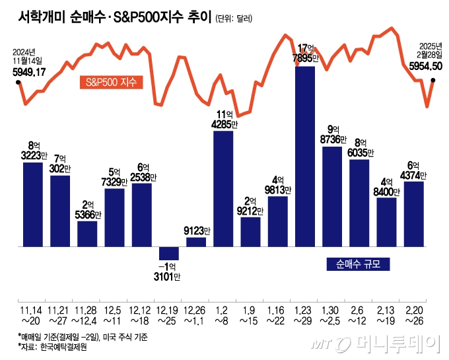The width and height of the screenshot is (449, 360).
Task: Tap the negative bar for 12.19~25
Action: [x=169, y=253]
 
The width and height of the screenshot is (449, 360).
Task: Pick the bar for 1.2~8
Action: [x=223, y=189]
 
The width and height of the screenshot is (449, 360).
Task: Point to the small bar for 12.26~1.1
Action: [x=196, y=242]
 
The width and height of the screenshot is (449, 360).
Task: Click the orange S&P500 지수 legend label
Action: [x=110, y=83]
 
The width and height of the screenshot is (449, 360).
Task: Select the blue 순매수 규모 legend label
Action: [x=358, y=264]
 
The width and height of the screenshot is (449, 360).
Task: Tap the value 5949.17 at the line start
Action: [x=29, y=72]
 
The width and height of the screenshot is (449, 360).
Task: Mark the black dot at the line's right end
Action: [x=433, y=81]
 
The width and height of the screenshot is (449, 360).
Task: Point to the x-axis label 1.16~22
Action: [x=277, y=314]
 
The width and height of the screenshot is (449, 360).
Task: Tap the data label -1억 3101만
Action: [x=169, y=271]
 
